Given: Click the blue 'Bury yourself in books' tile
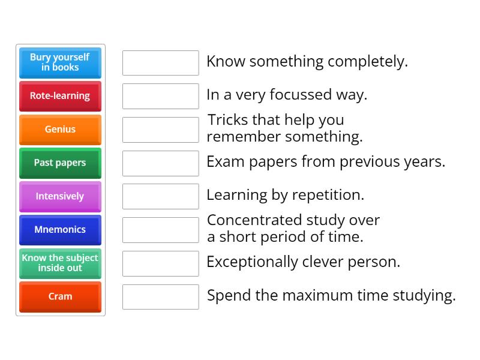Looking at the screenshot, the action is (61, 63).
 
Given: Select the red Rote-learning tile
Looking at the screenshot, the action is (61, 96).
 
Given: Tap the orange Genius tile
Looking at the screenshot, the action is (61, 130).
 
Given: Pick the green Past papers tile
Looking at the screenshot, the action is (61, 163).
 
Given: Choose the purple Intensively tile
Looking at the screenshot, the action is (61, 197).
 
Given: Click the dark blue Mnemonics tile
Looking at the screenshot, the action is (61, 230).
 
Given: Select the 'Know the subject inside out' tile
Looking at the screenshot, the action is (61, 263).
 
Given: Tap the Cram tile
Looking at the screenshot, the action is (61, 296).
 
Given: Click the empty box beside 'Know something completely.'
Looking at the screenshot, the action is (161, 63).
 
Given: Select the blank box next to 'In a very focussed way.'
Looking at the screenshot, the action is (161, 96).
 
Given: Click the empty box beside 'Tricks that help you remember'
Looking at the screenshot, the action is (161, 130).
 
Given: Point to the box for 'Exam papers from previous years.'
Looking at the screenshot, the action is (161, 163).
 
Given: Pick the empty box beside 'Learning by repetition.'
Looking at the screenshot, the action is (161, 197).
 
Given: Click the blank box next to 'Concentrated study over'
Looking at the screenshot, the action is (161, 230).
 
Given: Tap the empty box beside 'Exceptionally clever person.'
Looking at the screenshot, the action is (161, 263).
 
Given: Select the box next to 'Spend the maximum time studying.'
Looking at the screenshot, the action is (161, 297).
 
